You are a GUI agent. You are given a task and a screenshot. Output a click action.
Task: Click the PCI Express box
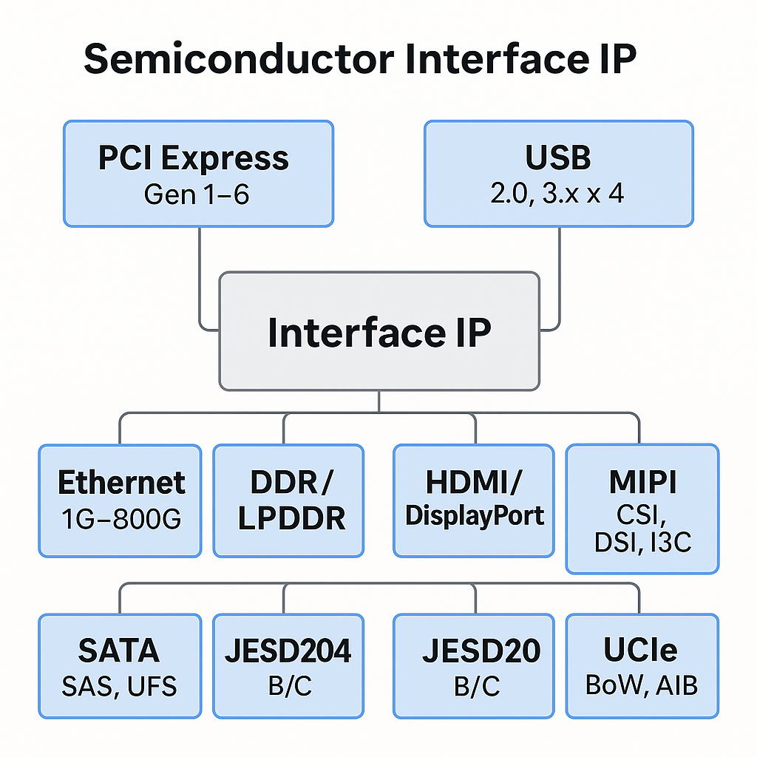(198, 174)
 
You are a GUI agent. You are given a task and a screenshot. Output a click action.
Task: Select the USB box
(558, 174)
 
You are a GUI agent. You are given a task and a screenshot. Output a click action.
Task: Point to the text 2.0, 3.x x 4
(558, 194)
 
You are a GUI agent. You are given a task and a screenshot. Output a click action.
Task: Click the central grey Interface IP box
(378, 331)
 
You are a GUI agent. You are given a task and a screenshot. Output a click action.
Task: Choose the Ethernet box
(120, 500)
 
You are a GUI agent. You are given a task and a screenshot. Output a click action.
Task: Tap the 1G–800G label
(120, 520)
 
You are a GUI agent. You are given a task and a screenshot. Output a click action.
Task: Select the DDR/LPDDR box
(288, 500)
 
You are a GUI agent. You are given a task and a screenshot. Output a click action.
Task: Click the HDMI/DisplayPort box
(473, 500)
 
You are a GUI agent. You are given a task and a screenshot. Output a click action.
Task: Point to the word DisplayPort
(474, 516)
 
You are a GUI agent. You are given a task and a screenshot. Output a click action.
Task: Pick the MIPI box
(642, 509)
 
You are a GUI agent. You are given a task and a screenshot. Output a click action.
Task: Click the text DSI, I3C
(642, 543)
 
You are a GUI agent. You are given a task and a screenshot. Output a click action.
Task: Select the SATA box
(120, 665)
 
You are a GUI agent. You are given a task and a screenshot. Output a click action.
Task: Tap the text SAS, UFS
(120, 686)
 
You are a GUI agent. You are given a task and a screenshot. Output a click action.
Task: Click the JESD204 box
(288, 665)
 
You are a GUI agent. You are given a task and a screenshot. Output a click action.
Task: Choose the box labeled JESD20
(473, 665)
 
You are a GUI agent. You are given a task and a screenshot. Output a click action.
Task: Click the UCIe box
(642, 665)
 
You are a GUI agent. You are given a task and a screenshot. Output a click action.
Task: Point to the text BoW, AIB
(642, 685)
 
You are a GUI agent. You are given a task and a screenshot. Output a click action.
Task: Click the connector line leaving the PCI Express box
(200, 274)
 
